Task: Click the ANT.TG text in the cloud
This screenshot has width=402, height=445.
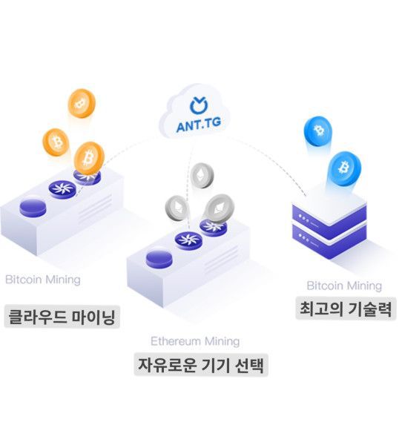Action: [x=198, y=125]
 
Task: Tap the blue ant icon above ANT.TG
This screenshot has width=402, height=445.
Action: [x=199, y=105]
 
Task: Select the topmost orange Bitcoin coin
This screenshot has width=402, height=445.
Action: [x=82, y=103]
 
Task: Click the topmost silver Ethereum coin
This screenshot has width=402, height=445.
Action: [x=202, y=175]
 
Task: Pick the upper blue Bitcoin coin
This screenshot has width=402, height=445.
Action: [x=317, y=131]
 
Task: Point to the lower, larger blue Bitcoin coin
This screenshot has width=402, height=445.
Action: [x=344, y=168]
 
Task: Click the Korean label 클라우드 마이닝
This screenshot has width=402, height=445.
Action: [x=62, y=317]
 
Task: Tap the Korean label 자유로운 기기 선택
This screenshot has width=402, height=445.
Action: [x=201, y=365]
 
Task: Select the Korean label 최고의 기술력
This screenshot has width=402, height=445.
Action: [x=346, y=309]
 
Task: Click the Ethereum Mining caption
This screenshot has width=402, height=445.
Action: [x=195, y=341]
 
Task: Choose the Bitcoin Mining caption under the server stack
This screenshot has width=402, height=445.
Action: [x=344, y=286]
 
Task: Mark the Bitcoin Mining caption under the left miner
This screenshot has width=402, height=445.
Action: [x=43, y=280]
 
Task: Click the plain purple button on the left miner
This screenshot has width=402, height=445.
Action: [x=33, y=208]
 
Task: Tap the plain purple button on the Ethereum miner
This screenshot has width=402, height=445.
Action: [x=159, y=260]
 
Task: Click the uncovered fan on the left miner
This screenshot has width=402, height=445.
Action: [x=62, y=189]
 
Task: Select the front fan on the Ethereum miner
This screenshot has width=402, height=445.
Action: [x=188, y=240]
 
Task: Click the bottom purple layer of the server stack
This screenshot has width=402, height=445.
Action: [x=329, y=241]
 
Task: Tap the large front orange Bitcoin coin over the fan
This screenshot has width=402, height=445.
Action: [x=89, y=159]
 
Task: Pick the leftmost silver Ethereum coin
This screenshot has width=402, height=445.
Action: [x=177, y=208]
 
